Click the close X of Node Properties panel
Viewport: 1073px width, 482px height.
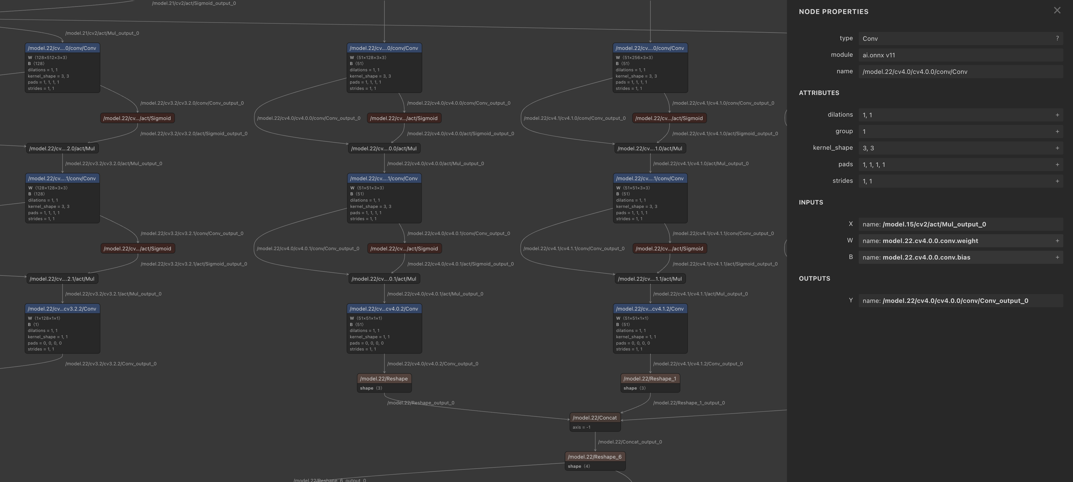click(1057, 11)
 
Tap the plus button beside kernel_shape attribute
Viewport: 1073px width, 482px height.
click(1057, 148)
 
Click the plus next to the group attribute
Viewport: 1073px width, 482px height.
click(1057, 131)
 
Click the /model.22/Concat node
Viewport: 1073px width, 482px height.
click(594, 418)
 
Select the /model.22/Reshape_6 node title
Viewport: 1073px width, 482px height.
click(594, 457)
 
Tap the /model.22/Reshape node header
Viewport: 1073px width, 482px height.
click(383, 378)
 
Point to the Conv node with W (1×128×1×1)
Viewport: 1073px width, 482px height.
click(62, 309)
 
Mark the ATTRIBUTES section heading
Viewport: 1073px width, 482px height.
click(819, 93)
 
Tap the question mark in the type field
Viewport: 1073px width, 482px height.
click(1057, 38)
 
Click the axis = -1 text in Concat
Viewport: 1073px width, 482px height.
click(582, 427)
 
